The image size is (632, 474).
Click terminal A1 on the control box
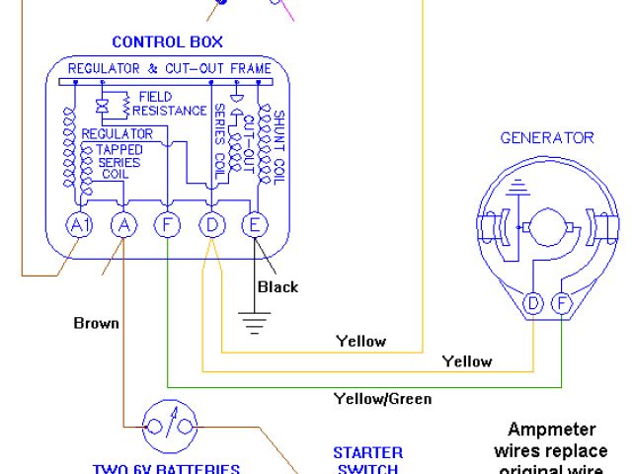(78, 225)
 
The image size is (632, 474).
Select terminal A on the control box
(122, 225)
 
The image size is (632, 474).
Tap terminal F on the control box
(168, 225)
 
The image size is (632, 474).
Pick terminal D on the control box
(212, 225)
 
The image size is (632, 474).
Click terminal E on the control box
(255, 225)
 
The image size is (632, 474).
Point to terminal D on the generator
(533, 303)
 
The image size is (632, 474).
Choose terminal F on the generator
(561, 303)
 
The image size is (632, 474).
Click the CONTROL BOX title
(167, 41)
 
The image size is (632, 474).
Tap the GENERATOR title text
(547, 137)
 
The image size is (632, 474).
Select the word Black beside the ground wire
(277, 287)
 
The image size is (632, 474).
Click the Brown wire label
(96, 323)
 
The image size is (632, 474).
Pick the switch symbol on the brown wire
(174, 427)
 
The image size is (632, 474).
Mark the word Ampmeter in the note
(546, 431)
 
